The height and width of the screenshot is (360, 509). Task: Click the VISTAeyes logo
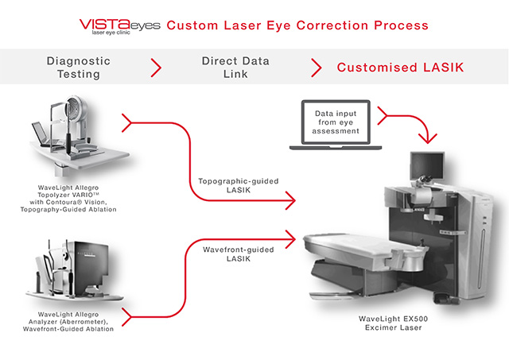[120, 26]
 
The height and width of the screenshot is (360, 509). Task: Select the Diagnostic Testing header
[79, 68]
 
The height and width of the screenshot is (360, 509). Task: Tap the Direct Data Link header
[235, 68]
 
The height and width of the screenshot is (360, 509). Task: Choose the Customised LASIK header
[400, 68]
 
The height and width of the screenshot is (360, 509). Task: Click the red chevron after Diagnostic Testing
[156, 68]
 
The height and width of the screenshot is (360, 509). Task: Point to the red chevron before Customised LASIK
[317, 68]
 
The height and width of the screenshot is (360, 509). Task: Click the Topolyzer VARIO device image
[80, 136]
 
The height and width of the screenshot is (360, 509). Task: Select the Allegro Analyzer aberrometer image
[74, 270]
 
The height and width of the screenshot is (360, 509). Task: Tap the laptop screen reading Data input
[336, 122]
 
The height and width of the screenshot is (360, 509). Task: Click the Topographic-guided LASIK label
[239, 185]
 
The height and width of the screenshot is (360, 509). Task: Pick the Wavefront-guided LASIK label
[239, 254]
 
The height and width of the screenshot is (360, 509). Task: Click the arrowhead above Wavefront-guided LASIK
[291, 239]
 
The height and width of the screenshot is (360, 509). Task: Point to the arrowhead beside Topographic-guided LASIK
[291, 200]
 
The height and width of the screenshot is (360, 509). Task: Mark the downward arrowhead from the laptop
[428, 139]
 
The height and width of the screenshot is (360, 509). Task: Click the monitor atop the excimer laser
[427, 165]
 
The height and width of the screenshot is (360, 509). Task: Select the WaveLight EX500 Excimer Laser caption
[393, 323]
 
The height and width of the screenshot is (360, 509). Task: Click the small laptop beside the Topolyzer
[42, 134]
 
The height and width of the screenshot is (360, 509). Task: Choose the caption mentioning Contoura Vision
[68, 199]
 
